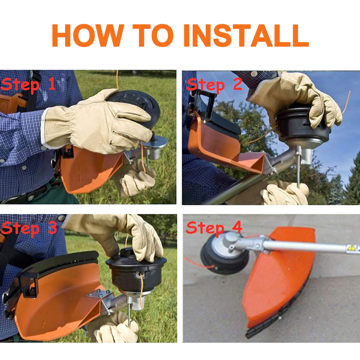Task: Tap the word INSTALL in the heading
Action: [246, 35]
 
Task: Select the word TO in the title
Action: [153, 35]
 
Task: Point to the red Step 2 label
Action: [214, 85]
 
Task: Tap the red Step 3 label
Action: [29, 229]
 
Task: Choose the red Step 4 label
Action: [214, 228]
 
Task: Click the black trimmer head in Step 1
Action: [135, 108]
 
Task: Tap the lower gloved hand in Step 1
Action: [135, 179]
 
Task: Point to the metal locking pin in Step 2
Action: [298, 168]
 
